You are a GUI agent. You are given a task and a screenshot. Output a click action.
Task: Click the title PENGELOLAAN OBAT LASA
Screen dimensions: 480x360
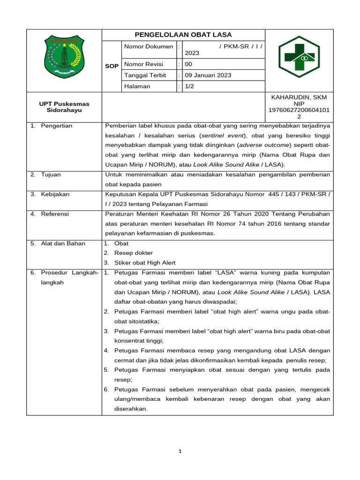coord(183,35)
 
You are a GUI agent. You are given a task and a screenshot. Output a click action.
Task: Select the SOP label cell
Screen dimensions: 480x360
coord(112,66)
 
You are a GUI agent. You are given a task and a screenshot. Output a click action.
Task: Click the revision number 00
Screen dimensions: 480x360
coord(188,64)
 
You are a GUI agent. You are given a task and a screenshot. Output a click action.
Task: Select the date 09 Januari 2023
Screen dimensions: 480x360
coord(208,75)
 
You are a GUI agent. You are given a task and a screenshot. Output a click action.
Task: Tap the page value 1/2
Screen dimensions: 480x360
coord(189,86)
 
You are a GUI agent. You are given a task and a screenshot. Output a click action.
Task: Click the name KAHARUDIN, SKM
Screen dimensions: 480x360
coord(299,97)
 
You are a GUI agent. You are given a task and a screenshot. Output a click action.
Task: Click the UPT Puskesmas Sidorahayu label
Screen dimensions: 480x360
coord(64,107)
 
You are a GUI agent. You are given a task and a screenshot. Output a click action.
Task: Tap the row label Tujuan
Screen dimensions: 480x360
coord(51,174)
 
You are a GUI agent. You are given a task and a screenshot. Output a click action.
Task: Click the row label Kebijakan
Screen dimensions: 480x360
coord(55,194)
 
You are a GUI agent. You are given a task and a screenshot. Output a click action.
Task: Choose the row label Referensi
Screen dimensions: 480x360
coord(55,214)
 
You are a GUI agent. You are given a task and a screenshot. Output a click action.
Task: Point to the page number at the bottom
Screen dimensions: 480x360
coord(180,451)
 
